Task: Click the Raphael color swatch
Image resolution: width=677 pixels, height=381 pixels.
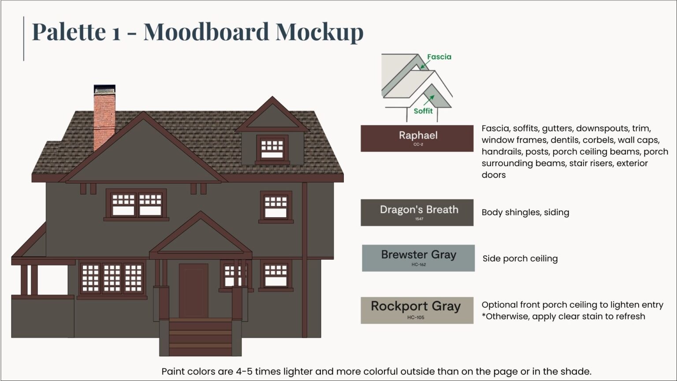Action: [x=417, y=138]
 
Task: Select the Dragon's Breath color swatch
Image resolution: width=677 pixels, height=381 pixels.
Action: [x=417, y=213]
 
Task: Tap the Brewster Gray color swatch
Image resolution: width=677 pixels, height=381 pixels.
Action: [x=418, y=258]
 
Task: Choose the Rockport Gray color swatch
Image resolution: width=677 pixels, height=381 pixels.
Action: [x=417, y=310]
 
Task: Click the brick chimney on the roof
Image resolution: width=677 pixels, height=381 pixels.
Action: [x=104, y=119]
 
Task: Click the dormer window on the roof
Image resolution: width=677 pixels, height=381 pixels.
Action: [x=272, y=149]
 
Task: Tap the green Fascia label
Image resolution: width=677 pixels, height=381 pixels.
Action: [x=439, y=57]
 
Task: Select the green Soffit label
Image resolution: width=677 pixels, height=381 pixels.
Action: [x=423, y=111]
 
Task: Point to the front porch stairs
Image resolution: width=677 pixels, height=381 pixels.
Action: [x=201, y=337]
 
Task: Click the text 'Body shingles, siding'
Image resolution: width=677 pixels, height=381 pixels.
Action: [x=525, y=213]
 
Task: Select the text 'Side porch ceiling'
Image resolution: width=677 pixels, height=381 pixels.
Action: [x=520, y=259]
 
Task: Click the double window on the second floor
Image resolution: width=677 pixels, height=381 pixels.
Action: [x=136, y=204]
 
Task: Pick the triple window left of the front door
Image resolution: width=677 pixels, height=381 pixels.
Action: [x=112, y=278]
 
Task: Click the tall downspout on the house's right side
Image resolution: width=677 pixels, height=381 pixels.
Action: [x=304, y=260]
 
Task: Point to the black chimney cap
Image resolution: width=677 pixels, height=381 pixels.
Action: [x=104, y=89]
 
